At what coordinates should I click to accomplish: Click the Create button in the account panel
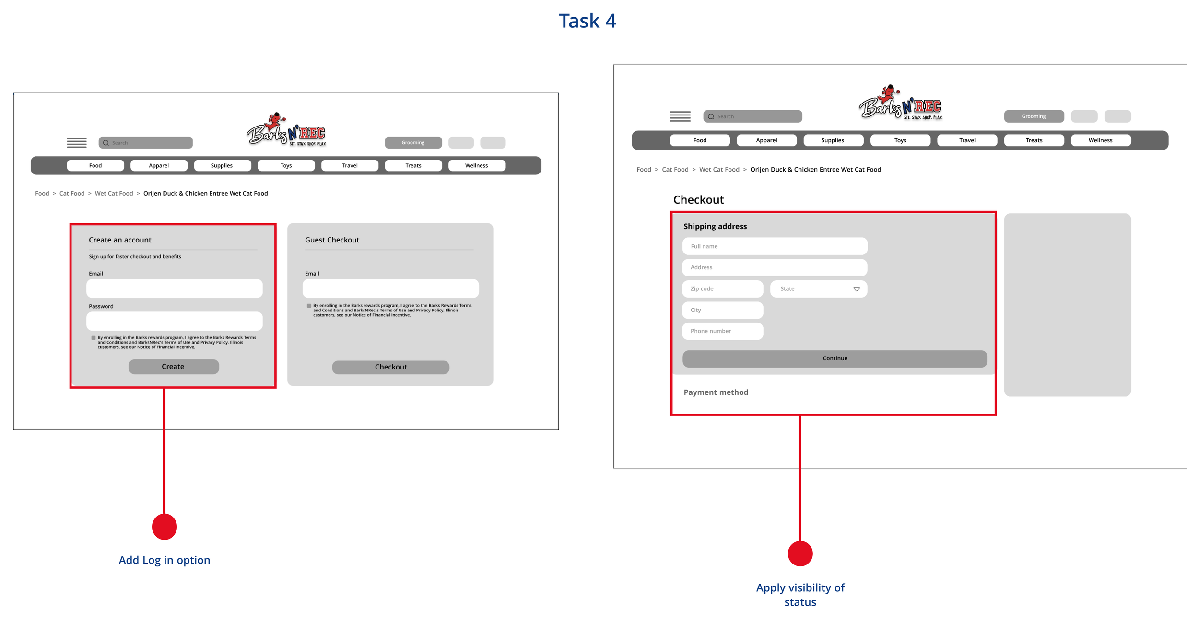[x=174, y=367]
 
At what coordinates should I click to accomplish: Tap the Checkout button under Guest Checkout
[x=390, y=367]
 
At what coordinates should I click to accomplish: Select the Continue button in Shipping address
[x=835, y=358]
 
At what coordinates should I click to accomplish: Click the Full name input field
[x=775, y=246]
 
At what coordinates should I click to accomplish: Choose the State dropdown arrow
[x=856, y=289]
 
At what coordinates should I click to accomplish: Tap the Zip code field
[x=722, y=289]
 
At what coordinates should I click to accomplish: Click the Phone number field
[x=722, y=331]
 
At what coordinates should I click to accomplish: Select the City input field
[x=722, y=310]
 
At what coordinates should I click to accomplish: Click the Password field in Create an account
[x=174, y=321]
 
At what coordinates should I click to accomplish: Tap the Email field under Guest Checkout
[x=390, y=288]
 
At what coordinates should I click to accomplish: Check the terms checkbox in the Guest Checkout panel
[x=309, y=306]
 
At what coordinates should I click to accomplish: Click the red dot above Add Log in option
[x=165, y=527]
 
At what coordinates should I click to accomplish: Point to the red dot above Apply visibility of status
[x=800, y=553]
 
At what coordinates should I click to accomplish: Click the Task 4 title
[x=587, y=21]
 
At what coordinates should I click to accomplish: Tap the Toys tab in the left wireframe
[x=286, y=166]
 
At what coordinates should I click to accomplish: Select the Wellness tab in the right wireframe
[x=1100, y=140]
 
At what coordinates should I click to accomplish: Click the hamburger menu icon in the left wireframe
[x=77, y=143]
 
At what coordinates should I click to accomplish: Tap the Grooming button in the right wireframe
[x=1034, y=116]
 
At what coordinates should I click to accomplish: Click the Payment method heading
[x=716, y=392]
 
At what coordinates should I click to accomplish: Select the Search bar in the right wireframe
[x=752, y=116]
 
